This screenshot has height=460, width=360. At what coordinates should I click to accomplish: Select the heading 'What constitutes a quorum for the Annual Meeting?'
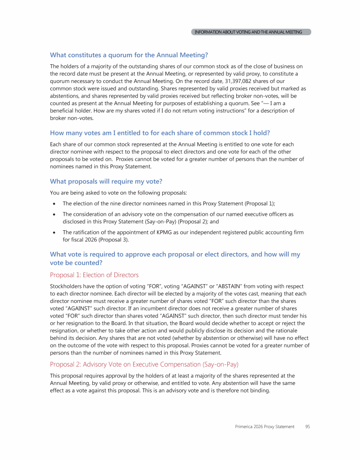129,55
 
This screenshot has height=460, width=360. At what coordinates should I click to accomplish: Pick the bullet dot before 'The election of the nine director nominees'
55,204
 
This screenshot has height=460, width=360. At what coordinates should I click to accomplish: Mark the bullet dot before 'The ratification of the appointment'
55,233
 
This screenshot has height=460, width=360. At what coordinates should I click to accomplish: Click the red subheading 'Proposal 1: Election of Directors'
94,275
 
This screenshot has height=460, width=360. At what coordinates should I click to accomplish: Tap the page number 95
307,427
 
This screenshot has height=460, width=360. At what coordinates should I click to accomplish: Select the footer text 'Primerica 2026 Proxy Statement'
265,427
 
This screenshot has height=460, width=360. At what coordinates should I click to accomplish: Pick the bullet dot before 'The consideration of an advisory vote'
55,214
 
